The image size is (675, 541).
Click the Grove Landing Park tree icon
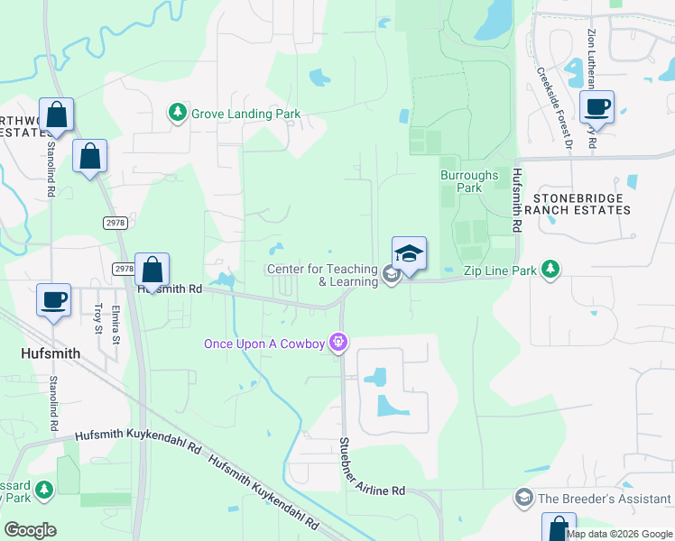pos(178,114)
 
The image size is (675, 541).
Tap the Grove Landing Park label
pos(245,115)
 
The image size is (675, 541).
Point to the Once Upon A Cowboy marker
pos(339,343)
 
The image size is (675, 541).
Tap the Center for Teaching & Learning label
pos(322,275)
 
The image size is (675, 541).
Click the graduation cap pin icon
pos(409,253)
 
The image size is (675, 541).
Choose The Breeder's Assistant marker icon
pos(523,498)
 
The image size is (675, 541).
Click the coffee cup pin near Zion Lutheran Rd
pos(596,107)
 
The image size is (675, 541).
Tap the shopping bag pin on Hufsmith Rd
pos(153,270)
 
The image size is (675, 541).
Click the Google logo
pos(30,530)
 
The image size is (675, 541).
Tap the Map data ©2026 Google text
pos(620,534)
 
